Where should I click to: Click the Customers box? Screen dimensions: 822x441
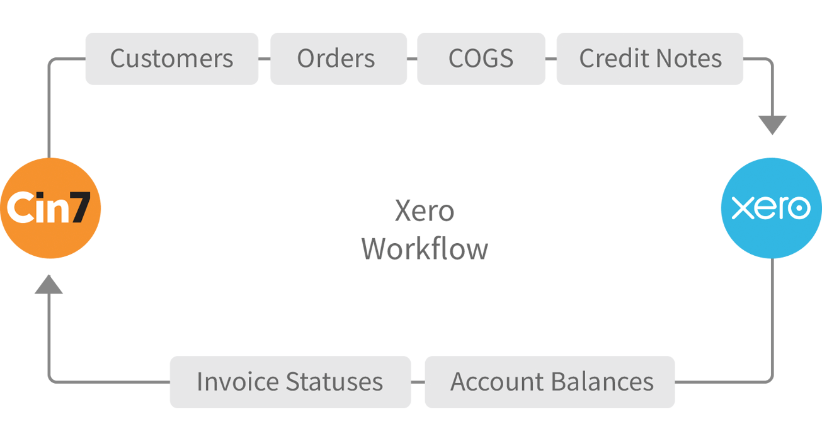172,59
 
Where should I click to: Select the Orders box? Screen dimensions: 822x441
338,59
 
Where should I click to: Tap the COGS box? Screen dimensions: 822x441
481,59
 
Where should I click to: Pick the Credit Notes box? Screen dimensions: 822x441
650,59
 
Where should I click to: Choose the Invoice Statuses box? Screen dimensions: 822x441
290,382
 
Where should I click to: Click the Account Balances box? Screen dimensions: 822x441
550,382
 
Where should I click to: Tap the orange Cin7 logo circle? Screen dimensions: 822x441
50,208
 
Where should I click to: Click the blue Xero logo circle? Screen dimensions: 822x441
772,208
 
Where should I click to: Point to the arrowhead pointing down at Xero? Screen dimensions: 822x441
772,125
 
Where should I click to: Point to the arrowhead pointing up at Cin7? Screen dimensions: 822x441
49,284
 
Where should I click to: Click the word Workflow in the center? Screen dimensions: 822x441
425,249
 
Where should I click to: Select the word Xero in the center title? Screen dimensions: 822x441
425,210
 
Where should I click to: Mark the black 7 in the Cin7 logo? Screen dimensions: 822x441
81,207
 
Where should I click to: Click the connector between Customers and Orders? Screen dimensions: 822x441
264,59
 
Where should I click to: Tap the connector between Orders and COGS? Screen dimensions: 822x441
412,59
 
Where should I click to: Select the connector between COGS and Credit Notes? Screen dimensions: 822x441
551,59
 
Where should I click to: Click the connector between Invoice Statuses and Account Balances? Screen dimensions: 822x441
418,382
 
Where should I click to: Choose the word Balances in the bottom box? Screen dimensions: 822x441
602,382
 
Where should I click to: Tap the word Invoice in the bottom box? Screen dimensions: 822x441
238,382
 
